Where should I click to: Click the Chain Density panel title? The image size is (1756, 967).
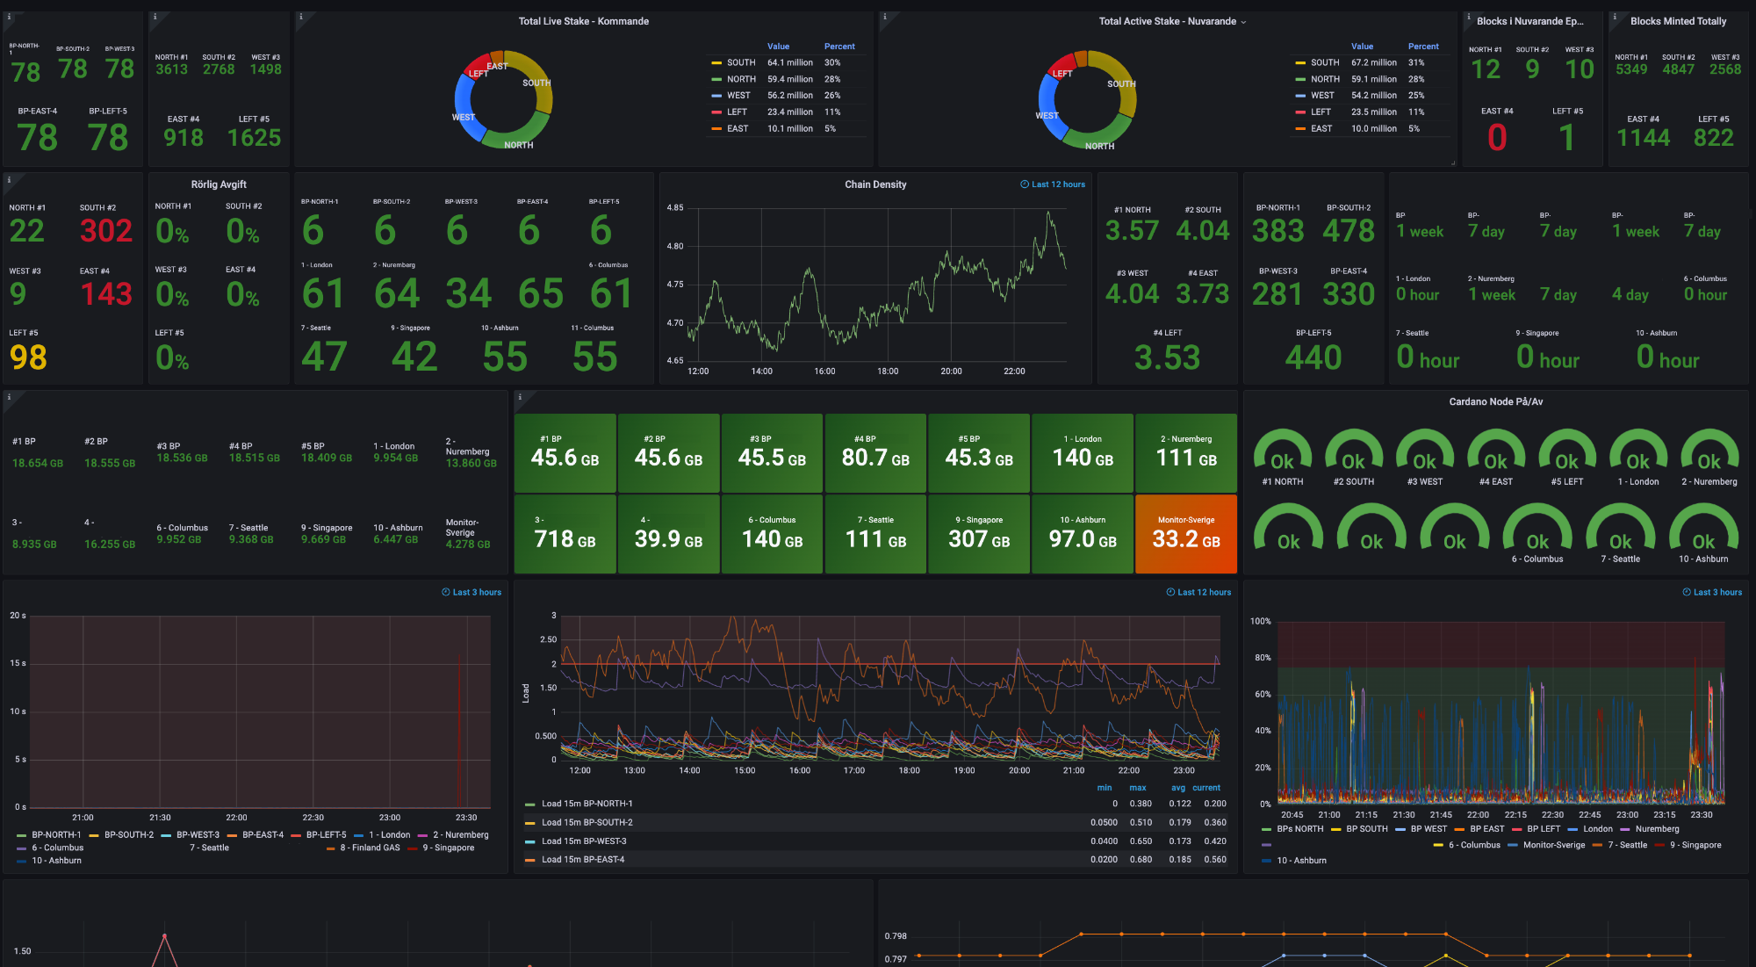click(875, 184)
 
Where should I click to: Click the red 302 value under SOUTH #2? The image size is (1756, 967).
click(105, 231)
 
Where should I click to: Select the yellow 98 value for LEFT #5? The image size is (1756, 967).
click(28, 357)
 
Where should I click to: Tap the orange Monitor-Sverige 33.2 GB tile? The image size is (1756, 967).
click(1185, 534)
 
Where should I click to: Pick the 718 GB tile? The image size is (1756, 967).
click(565, 534)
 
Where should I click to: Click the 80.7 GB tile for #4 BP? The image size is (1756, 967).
click(875, 453)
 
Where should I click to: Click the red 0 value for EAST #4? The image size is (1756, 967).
click(1497, 138)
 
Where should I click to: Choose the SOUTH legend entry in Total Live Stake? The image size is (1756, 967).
click(740, 63)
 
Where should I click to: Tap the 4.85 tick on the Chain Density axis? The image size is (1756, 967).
click(674, 208)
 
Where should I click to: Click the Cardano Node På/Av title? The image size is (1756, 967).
click(1495, 402)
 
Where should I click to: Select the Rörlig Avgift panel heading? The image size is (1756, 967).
click(219, 185)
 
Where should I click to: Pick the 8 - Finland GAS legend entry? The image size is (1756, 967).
click(370, 848)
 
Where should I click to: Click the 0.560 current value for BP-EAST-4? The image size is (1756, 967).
click(1215, 860)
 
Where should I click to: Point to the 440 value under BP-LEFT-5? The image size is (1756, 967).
click(1313, 357)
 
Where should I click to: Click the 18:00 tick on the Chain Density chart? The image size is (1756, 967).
click(888, 372)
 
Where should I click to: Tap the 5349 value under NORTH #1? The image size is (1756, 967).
click(1630, 69)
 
